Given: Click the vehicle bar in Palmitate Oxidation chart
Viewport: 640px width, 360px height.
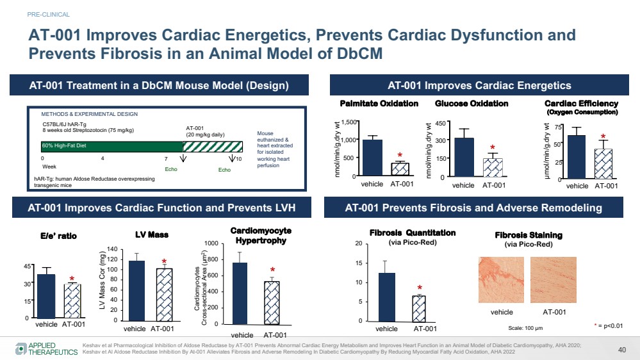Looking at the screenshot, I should point(372,158).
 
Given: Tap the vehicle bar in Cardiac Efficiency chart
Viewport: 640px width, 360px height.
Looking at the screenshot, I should point(577,157).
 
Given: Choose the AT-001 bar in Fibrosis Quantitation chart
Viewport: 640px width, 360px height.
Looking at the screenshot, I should point(420,307).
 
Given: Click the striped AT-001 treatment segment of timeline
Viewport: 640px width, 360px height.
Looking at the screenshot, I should point(213,147).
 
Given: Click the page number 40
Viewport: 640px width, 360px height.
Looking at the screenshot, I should point(621,349).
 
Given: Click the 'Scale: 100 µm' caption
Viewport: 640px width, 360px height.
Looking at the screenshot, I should point(525,328).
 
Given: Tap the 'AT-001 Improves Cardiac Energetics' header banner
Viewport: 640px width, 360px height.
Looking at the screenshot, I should point(479,85).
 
